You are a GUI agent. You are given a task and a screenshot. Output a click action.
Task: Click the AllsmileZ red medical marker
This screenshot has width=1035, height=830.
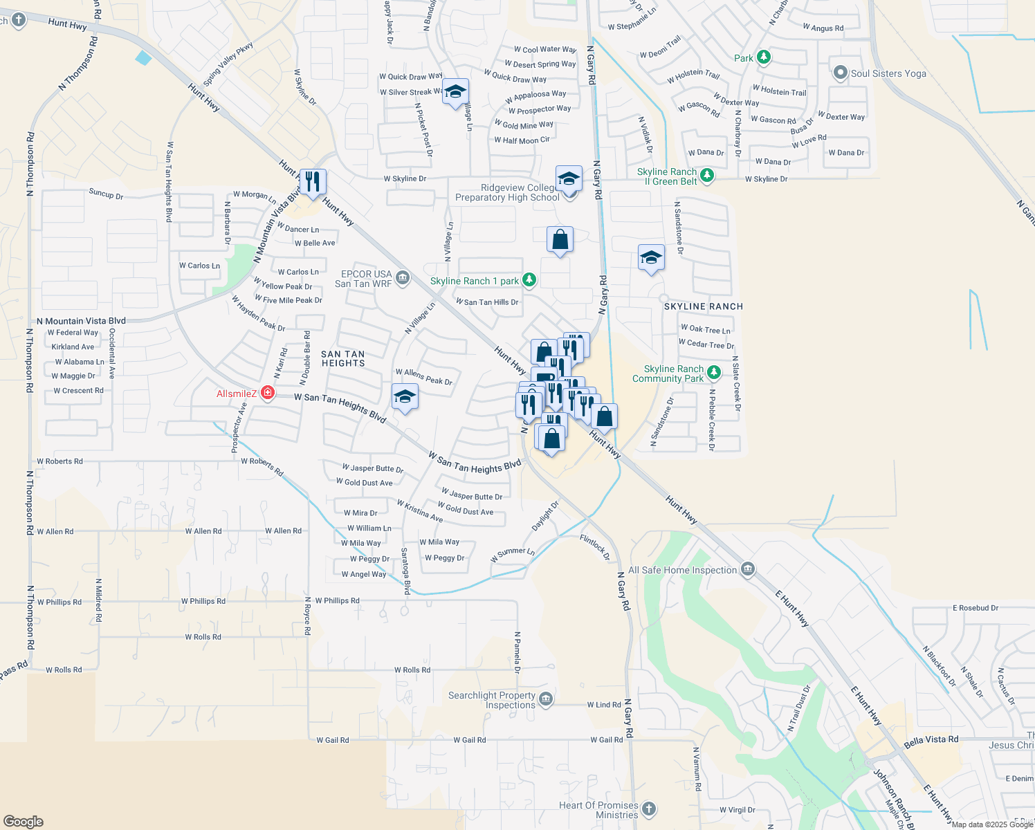[267, 394]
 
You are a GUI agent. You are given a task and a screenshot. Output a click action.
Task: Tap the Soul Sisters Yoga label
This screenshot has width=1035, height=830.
[888, 73]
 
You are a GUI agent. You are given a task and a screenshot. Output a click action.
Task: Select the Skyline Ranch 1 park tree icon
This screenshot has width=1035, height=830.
[529, 280]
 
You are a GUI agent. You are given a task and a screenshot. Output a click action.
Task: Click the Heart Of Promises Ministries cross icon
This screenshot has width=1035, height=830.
[648, 809]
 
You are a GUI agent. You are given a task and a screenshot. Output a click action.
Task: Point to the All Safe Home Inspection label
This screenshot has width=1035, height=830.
[682, 570]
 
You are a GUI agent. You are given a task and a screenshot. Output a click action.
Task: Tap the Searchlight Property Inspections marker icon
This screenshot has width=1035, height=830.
[546, 699]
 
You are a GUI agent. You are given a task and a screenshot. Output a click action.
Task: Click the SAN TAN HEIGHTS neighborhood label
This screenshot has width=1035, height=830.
[343, 358]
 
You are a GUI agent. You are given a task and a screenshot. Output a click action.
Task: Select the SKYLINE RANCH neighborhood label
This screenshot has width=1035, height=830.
[704, 306]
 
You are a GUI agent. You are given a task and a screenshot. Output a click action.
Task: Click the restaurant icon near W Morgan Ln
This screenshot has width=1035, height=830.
[313, 182]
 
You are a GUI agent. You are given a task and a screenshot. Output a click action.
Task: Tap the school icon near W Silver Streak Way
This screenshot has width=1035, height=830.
[455, 91]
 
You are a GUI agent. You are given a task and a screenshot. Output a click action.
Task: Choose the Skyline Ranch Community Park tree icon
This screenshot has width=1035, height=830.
[714, 373]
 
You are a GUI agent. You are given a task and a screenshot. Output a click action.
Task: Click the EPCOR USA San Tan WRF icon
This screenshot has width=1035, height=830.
[403, 279]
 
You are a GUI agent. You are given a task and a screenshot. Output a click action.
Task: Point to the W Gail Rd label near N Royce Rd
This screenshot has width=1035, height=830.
[333, 740]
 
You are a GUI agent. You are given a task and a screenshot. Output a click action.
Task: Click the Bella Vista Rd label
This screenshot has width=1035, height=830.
[931, 741]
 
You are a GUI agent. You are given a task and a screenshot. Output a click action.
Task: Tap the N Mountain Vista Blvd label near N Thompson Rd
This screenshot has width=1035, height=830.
[82, 321]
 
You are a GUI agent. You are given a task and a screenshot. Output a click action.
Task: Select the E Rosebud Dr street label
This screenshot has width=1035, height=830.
[976, 608]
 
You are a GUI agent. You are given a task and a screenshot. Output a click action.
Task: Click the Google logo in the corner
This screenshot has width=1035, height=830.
[24, 822]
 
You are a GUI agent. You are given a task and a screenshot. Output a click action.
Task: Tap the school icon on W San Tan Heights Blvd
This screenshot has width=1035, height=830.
[405, 398]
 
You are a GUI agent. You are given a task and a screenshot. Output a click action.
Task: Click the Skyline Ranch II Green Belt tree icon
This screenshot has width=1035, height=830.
[706, 176]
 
